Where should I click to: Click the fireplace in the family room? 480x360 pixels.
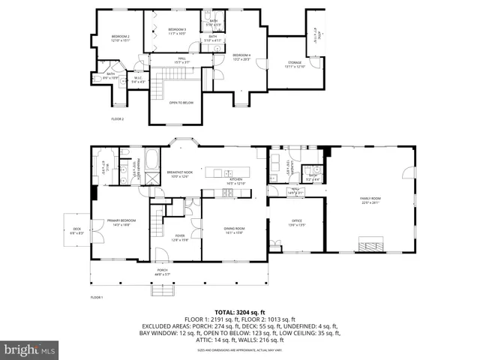click(x=370, y=244)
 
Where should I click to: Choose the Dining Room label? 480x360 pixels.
click(x=235, y=230)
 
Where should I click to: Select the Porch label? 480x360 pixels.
click(x=162, y=272)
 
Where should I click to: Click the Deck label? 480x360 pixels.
click(x=76, y=231)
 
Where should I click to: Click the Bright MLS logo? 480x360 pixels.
click(x=30, y=349)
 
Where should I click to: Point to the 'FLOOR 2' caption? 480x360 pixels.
click(x=118, y=119)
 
